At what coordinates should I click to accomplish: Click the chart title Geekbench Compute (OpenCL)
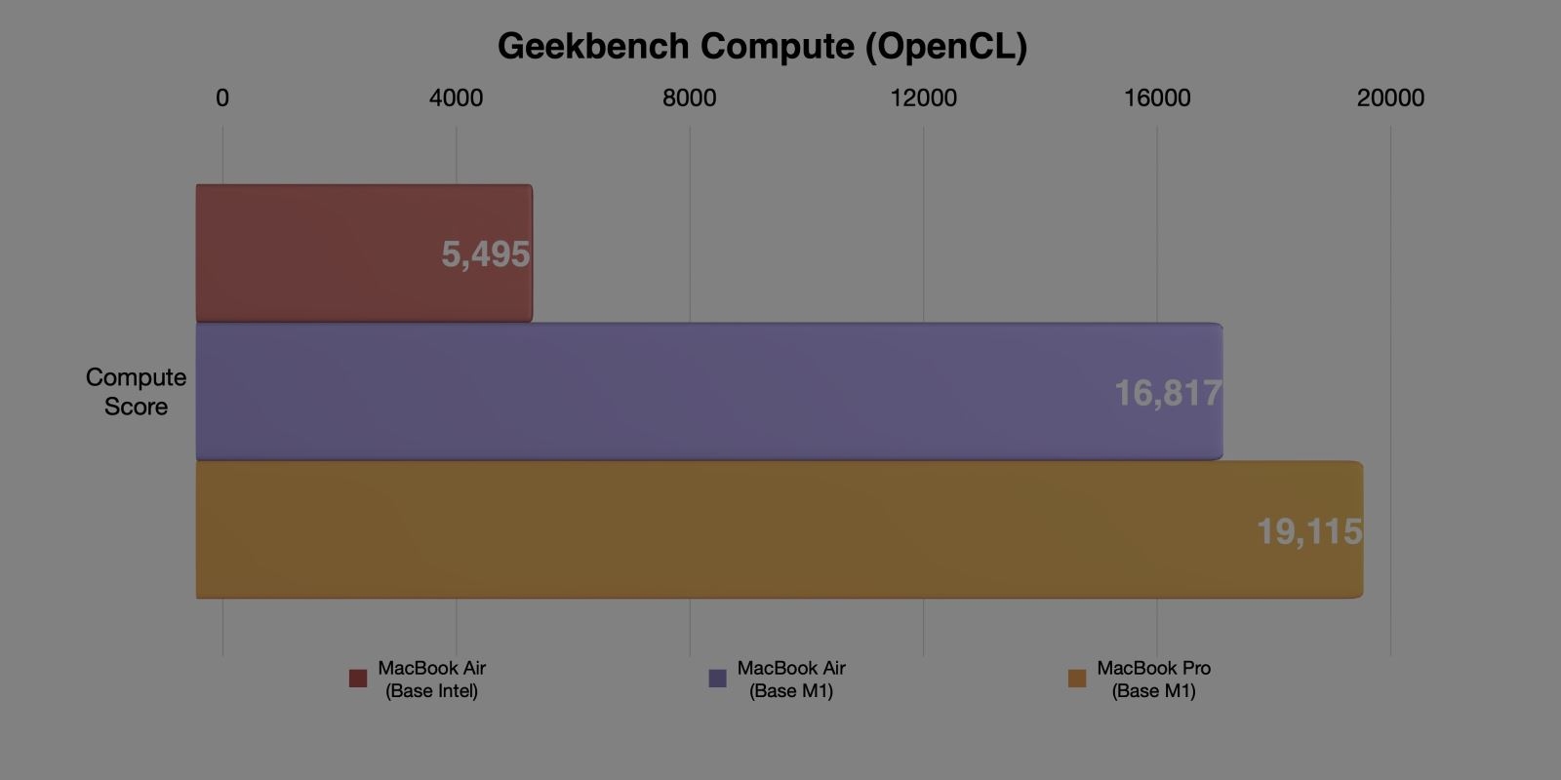762,46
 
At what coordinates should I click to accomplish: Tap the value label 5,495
485,254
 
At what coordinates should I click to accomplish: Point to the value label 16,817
1167,393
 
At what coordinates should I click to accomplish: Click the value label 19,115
1308,531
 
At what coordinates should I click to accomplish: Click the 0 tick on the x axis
222,97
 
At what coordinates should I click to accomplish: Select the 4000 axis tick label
456,97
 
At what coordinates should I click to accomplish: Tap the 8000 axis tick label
689,97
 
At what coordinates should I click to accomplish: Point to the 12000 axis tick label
923,97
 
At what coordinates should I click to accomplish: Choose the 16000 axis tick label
1157,97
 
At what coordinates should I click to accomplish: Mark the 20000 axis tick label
1390,97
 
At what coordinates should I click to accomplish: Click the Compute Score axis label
136,392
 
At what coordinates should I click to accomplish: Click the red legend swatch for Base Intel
358,679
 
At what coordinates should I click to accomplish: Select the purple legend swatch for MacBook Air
717,679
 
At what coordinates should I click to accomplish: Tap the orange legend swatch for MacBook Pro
1077,679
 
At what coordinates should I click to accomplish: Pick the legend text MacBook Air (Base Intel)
431,680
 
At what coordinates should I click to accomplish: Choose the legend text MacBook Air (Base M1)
791,680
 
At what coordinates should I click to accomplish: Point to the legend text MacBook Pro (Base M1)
1153,680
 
